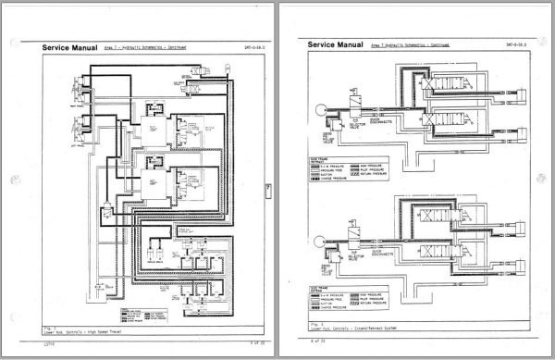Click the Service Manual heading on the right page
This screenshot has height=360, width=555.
(x=334, y=43)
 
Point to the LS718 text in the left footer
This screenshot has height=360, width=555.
(x=49, y=343)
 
